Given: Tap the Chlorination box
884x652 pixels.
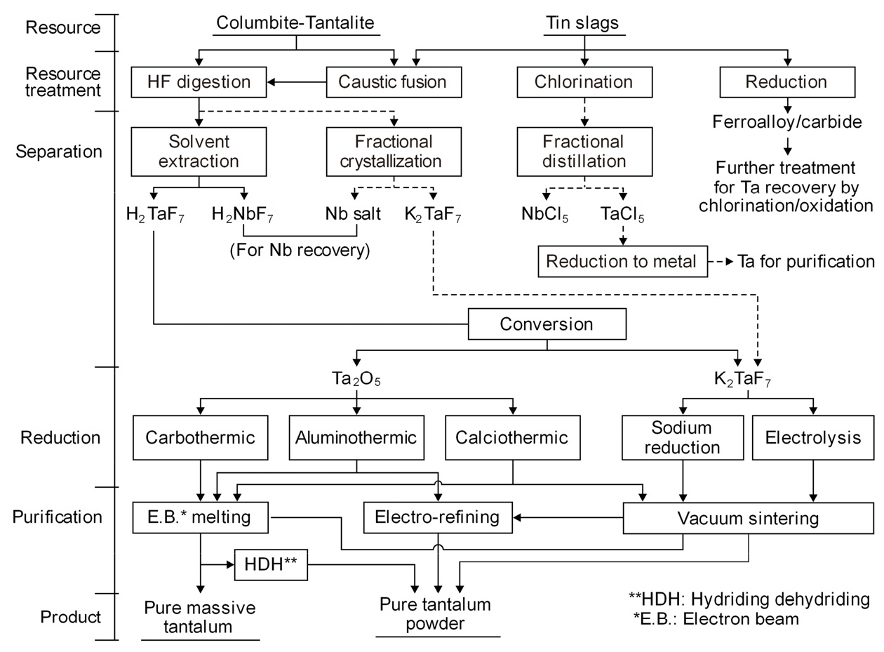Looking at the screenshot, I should tap(584, 82).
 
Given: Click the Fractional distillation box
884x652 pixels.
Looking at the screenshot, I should tap(584, 152).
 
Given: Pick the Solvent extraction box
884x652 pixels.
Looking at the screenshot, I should tap(199, 152).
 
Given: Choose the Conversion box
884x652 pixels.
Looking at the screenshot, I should tap(547, 325).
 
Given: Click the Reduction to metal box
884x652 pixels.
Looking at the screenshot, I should tap(622, 262).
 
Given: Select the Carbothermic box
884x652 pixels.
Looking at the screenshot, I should tap(201, 438).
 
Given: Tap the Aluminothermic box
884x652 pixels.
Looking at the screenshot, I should tap(356, 438).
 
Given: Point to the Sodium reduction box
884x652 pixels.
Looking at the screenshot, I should tap(681, 438).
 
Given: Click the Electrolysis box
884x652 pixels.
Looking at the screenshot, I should tap(813, 438).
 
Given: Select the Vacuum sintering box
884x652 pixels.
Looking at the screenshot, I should tap(748, 519).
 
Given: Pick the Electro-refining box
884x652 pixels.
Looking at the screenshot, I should tap(437, 518).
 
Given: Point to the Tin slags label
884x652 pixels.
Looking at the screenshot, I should tap(583, 22).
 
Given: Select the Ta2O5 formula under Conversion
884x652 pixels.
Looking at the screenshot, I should tap(357, 380).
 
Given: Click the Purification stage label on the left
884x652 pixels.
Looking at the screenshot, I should tap(58, 517).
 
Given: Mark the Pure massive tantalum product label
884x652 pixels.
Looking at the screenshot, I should tap(200, 616).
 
